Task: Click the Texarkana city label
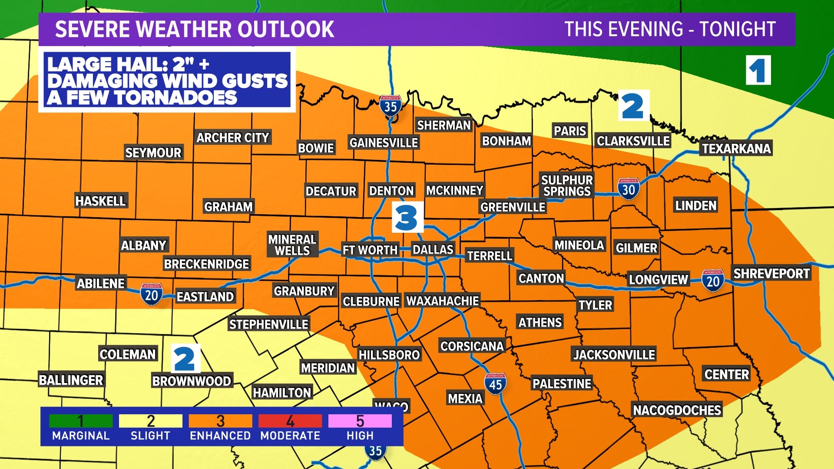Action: [x=736, y=149]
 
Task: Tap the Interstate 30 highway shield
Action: [x=628, y=189]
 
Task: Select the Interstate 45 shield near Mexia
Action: [x=495, y=384]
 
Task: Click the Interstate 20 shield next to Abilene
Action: [x=151, y=294]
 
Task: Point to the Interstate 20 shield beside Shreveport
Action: [x=713, y=281]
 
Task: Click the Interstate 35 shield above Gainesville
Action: [x=390, y=106]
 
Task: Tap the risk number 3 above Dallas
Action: [x=407, y=218]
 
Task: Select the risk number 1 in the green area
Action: [x=758, y=70]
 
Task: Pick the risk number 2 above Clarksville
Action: [x=633, y=106]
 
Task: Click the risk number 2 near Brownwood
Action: [x=185, y=359]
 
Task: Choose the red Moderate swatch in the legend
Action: [x=290, y=421]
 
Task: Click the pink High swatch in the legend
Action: [x=360, y=421]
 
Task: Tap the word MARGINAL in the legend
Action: [x=81, y=436]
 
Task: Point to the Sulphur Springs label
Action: [x=567, y=185]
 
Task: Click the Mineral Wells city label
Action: [x=292, y=245]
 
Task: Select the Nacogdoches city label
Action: [x=677, y=410]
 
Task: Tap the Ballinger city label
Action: [x=71, y=380]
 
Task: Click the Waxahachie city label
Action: [x=442, y=301]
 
